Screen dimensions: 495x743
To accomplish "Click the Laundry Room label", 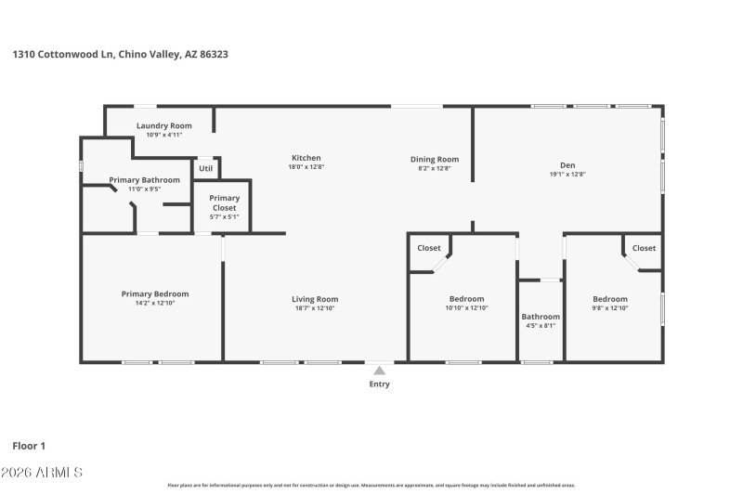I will point(163,125).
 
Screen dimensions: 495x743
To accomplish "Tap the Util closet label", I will point(206,168).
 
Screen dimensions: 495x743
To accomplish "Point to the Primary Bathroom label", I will point(144,179).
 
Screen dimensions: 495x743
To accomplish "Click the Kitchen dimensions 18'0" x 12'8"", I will point(306,168).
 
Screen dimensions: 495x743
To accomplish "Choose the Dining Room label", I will point(435,159).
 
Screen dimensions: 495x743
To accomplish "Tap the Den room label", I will point(567,164).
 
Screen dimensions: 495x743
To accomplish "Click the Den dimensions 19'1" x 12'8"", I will point(567,174).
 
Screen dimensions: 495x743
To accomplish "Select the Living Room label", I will point(315,299).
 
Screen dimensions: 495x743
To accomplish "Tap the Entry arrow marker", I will point(379,371).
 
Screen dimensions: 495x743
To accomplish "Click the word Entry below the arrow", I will point(379,384).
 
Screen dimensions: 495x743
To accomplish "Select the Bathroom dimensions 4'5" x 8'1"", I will point(540,326).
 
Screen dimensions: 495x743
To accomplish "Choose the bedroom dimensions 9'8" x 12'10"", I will point(610,308).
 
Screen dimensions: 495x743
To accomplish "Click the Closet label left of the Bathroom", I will point(429,248).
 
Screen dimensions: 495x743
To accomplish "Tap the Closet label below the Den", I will point(644,248).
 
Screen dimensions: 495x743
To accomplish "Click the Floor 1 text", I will point(29,446).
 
